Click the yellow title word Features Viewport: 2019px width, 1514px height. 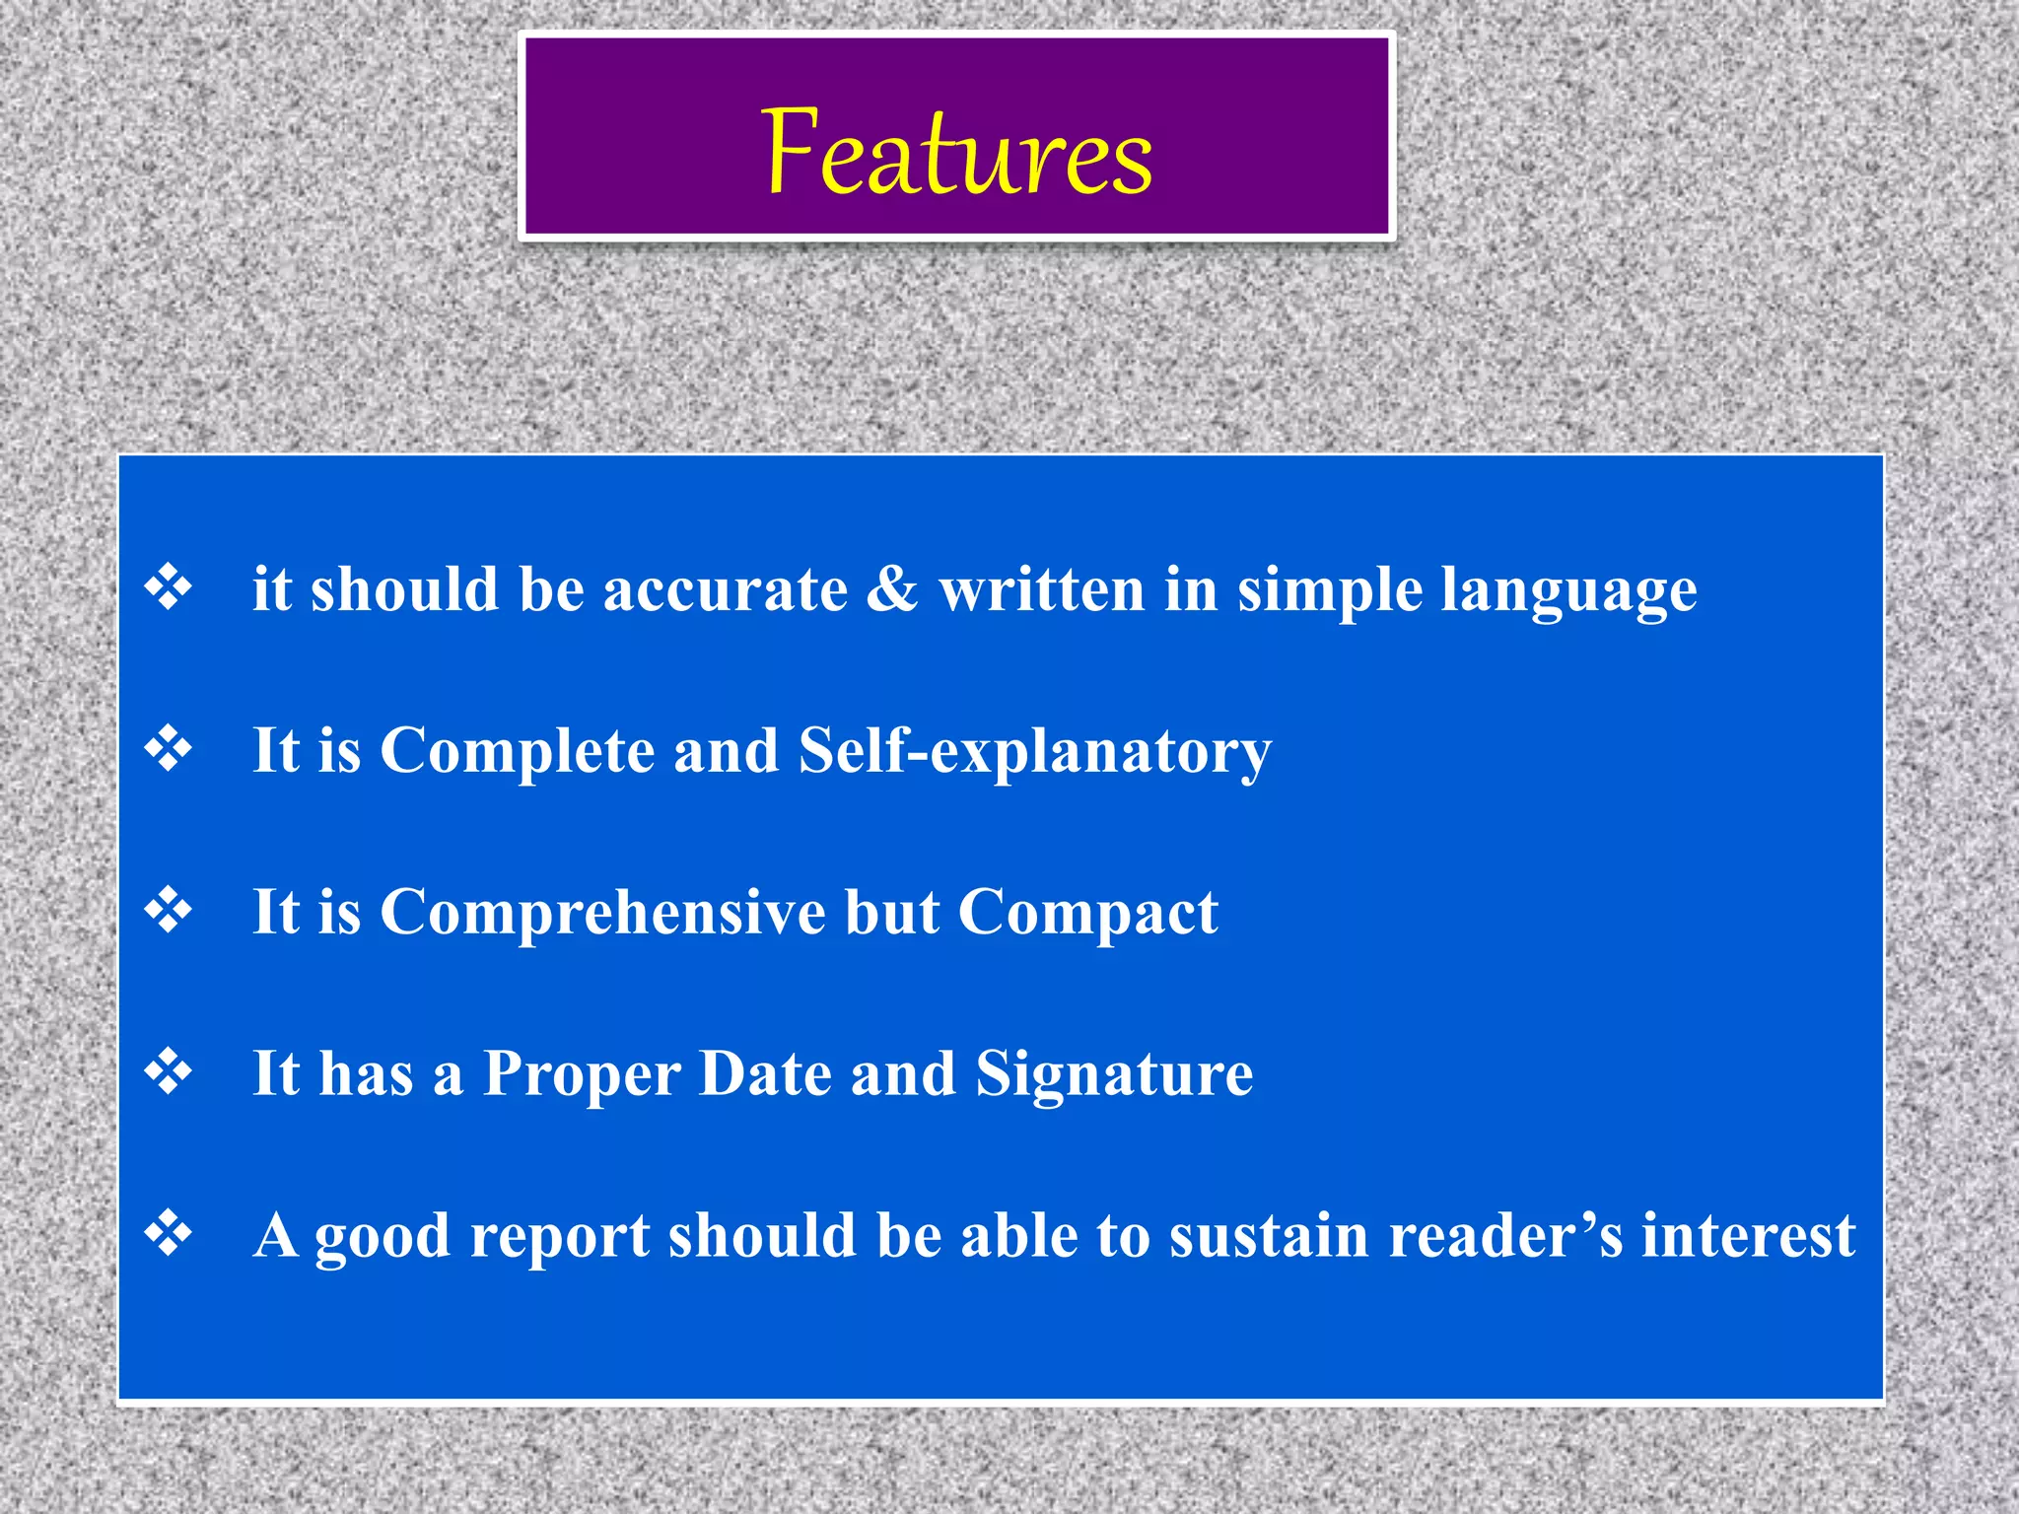point(956,153)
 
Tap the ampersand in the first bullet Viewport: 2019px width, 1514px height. point(892,588)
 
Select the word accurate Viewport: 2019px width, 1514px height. point(726,590)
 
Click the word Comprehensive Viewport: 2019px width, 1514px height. point(602,913)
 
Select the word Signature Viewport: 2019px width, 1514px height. point(1114,1075)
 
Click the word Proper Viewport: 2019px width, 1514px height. point(582,1075)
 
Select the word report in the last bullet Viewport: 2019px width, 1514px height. point(560,1238)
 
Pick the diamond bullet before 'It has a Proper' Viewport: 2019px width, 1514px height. point(169,1072)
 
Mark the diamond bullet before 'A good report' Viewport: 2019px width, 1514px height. point(169,1234)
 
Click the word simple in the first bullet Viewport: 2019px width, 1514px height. point(1329,592)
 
